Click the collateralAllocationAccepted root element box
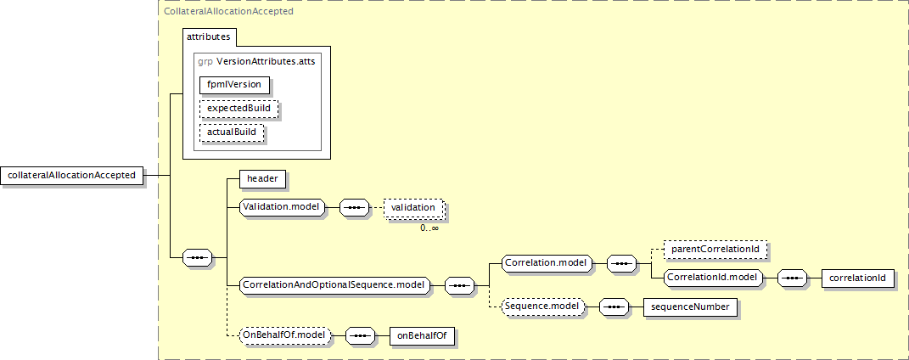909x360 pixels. pyautogui.click(x=72, y=175)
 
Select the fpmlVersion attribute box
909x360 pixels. pyautogui.click(x=234, y=85)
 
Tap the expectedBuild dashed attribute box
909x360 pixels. pyautogui.click(x=238, y=109)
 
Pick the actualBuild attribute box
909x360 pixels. pyautogui.click(x=232, y=132)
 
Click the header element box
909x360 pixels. pyautogui.click(x=262, y=179)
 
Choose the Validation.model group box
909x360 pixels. pyautogui.click(x=283, y=207)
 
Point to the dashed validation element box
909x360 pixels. pyautogui.click(x=412, y=207)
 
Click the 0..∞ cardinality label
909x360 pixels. pyautogui.click(x=429, y=228)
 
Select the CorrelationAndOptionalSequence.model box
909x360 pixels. pyautogui.click(x=335, y=285)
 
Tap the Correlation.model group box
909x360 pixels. pyautogui.click(x=547, y=263)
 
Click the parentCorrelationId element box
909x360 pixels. pyautogui.click(x=715, y=250)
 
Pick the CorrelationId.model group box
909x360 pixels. pyautogui.click(x=712, y=278)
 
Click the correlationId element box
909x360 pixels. pyautogui.click(x=857, y=278)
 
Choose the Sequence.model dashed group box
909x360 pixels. pyautogui.click(x=542, y=307)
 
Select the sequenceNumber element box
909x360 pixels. pyautogui.click(x=690, y=307)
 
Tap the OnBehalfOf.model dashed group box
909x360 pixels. pyautogui.click(x=284, y=335)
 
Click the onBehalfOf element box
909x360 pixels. pyautogui.click(x=422, y=335)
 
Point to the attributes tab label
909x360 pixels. pyautogui.click(x=208, y=37)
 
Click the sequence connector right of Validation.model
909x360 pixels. pyautogui.click(x=354, y=207)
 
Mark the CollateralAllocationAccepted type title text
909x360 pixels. pyautogui.click(x=228, y=11)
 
